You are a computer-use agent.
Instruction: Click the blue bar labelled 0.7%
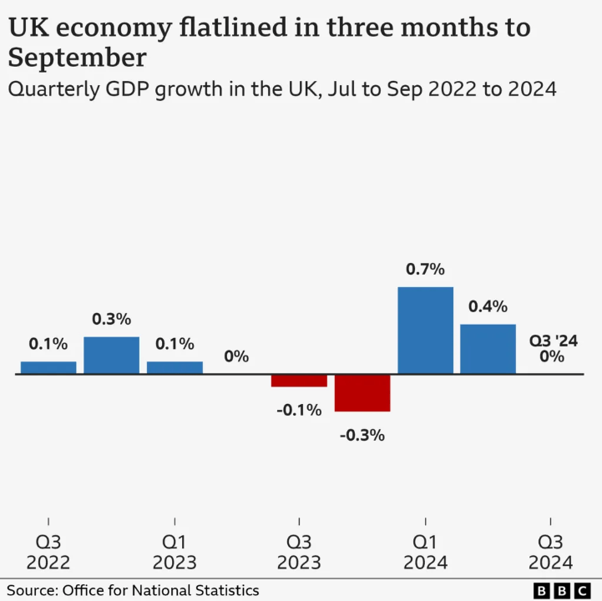point(425,330)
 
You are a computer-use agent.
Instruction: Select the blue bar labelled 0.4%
point(488,349)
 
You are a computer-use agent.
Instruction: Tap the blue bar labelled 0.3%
point(111,355)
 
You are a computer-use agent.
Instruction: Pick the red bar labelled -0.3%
point(362,392)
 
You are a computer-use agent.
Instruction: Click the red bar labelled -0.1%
point(299,381)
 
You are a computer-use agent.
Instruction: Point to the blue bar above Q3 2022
point(48,367)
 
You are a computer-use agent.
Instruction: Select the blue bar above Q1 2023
point(175,367)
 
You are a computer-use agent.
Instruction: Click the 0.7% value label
point(425,270)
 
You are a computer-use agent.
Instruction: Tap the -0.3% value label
point(362,435)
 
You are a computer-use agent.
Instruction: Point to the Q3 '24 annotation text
point(554,341)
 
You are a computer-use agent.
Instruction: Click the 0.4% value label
point(488,306)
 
